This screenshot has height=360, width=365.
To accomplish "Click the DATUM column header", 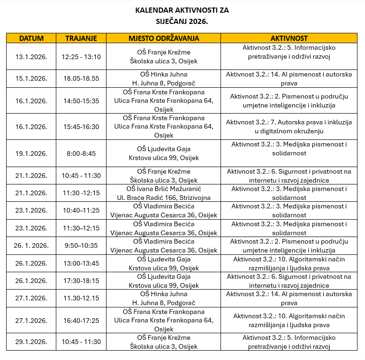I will point(31,38).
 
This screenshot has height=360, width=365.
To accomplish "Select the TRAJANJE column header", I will point(81,38).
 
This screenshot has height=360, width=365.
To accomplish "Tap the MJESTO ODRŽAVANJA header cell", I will point(164,38).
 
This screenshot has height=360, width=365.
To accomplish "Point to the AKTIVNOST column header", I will point(289,38).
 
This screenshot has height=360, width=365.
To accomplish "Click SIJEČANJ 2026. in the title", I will point(182,21).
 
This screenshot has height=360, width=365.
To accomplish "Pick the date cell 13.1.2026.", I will point(31,57).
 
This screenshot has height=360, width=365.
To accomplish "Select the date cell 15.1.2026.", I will point(31,78).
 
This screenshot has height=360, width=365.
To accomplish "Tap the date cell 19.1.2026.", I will point(31,153).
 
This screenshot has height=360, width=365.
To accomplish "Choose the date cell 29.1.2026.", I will point(31,342).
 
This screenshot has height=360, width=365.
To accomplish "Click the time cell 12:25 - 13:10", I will point(81,57).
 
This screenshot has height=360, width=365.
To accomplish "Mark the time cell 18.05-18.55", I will point(81,78).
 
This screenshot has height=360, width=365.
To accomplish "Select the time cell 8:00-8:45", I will point(81,153).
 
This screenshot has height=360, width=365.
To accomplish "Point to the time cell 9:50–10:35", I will point(81,245).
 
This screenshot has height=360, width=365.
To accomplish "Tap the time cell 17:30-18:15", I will point(81,281).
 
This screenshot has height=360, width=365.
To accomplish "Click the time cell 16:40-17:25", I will point(81,321).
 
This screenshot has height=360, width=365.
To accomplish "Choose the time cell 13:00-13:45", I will point(81,263).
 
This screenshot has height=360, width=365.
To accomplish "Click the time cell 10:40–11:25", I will point(81,210).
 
